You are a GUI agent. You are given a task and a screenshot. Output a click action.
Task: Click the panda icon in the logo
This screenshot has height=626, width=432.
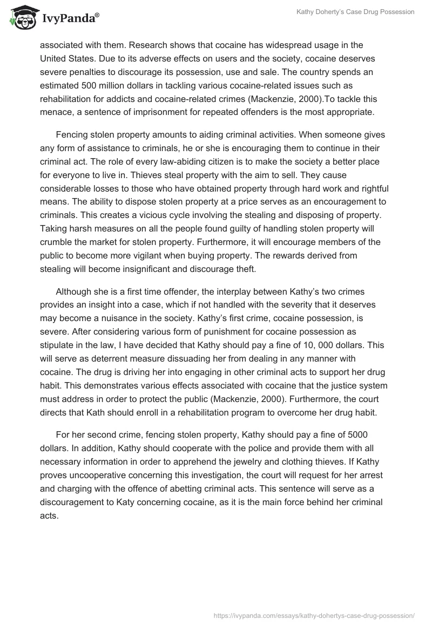[x=20, y=18]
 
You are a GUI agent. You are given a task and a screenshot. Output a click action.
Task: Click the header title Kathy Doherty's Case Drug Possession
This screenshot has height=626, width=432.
[x=355, y=12]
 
